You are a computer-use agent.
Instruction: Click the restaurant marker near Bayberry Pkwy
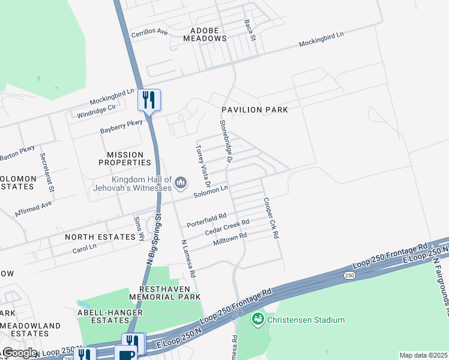pos(149,100)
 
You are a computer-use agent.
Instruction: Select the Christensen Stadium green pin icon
pos(258,318)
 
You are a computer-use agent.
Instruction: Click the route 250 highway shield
pos(348,275)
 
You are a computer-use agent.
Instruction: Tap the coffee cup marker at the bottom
pos(127,354)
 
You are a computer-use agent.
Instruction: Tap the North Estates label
pos(100,237)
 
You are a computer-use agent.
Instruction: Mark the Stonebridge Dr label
pos(225,141)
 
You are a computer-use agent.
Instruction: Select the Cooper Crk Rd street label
pos(271,219)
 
